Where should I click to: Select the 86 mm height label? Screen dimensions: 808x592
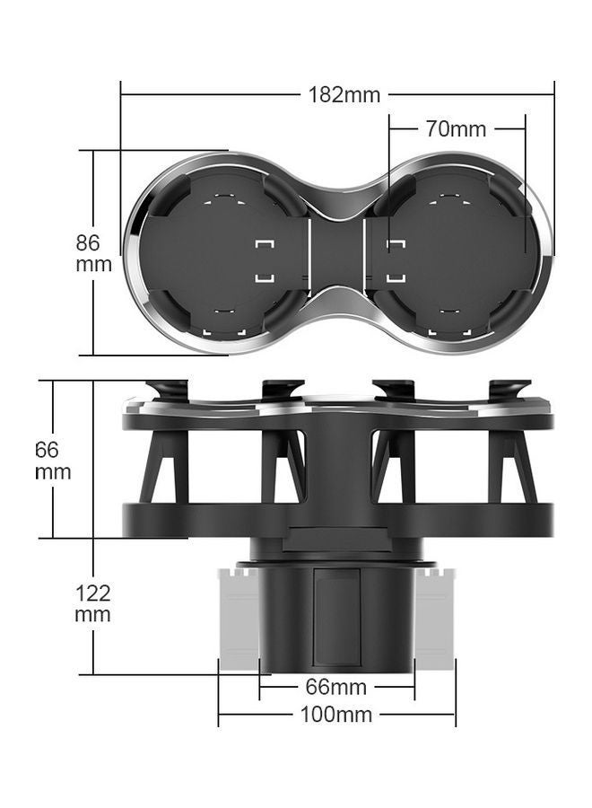[93, 253]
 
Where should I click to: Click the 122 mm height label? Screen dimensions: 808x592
[92, 603]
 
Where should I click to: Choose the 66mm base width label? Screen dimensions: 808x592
[336, 688]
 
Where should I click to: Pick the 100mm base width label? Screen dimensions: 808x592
[336, 715]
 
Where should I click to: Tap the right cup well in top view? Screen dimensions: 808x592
[457, 253]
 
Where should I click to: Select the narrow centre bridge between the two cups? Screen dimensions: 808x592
[336, 253]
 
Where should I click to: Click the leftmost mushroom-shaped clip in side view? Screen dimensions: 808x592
[167, 391]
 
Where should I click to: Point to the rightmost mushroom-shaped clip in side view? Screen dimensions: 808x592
[509, 391]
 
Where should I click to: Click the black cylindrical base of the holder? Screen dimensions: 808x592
[336, 619]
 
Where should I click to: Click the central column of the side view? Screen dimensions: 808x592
[336, 467]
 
